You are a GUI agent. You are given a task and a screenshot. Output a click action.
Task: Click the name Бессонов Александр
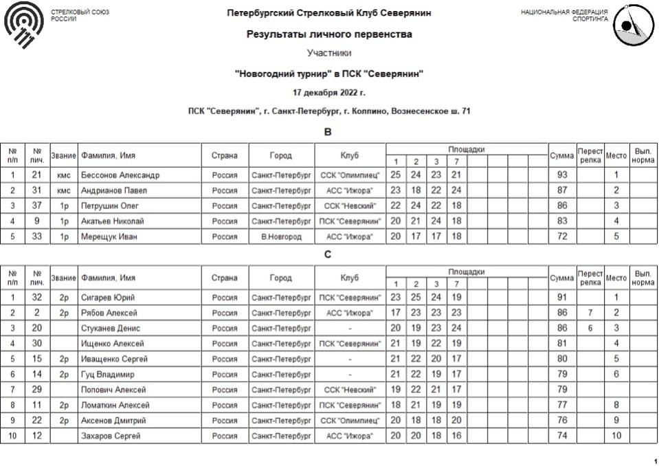[120, 175]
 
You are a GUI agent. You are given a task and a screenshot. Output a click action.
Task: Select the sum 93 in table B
[562, 175]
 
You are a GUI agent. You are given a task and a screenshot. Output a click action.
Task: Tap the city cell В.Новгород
[281, 236]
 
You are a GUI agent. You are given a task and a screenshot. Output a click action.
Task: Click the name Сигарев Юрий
[107, 298]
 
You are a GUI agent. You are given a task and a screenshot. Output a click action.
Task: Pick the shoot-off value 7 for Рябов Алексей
[590, 313]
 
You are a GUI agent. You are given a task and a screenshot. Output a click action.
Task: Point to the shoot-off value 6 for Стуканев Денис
[590, 329]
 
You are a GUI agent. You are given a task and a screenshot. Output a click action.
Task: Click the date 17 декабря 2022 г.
[329, 93]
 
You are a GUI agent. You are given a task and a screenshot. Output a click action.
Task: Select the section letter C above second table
[328, 254]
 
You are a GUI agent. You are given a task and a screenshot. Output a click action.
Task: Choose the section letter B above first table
[328, 132]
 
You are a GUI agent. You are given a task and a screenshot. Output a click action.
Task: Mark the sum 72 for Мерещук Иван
[562, 236]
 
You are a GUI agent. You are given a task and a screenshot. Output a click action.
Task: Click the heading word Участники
[329, 53]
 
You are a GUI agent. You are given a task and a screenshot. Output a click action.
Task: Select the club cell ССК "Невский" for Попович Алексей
[350, 390]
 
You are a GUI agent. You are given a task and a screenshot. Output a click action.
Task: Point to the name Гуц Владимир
[108, 375]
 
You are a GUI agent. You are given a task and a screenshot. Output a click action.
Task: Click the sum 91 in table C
[562, 298]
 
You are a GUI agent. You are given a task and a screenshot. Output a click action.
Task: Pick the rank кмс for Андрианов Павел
[64, 190]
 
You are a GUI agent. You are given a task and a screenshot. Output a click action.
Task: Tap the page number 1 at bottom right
[654, 461]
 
